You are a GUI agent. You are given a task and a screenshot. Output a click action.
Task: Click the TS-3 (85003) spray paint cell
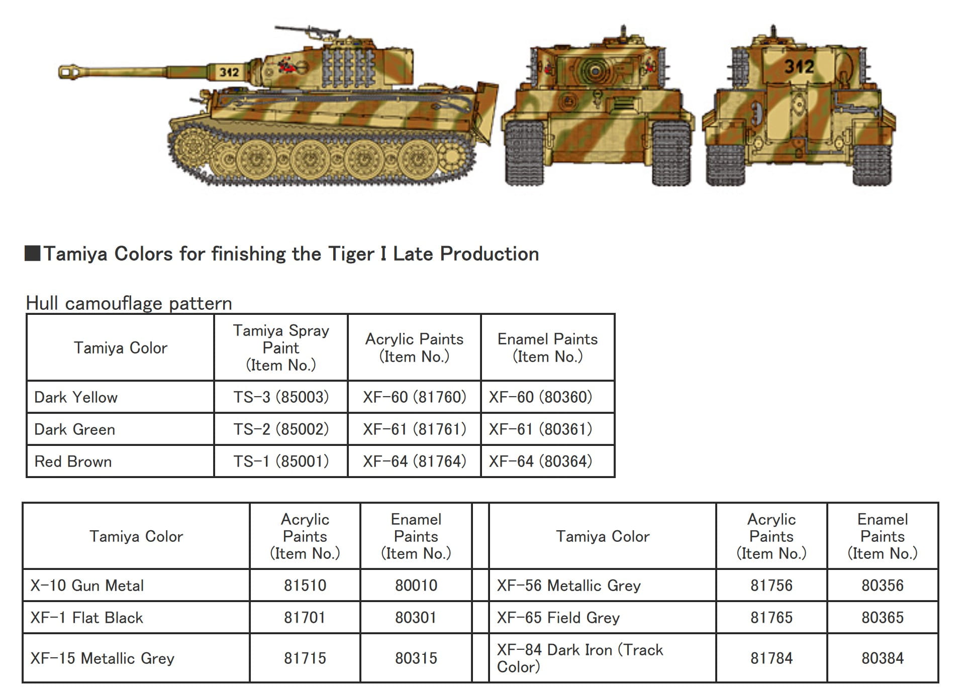pos(281,397)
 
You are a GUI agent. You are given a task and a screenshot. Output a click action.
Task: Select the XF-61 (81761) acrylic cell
pos(415,429)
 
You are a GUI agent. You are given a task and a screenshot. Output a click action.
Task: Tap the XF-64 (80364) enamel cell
pos(540,461)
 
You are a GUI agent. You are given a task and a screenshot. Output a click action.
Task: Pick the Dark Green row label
pos(74,429)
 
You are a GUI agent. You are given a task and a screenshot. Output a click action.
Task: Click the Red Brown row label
pos(73,461)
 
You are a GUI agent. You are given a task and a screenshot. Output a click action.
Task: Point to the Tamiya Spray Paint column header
pos(281,347)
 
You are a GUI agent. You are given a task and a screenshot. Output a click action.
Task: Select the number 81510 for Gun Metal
pos(305,586)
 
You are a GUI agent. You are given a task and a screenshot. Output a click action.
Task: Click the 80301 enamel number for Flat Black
pos(416,618)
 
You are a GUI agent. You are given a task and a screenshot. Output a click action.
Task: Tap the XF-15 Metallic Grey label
pos(102,658)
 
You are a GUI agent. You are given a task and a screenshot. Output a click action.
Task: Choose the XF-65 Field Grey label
pos(558,618)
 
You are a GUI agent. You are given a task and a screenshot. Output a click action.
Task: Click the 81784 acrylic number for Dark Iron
pos(771,658)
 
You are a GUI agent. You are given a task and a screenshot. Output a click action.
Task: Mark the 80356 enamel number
pos(883,586)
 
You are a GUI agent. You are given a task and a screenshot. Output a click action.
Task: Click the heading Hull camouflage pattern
pos(129,303)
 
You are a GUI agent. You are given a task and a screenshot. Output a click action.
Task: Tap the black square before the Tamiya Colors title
pos(33,254)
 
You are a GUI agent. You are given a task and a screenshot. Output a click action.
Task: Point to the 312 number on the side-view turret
pos(229,72)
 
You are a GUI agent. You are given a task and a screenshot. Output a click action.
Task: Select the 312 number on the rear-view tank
pos(799,66)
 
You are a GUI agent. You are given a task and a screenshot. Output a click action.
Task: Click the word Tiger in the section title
pos(351,254)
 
